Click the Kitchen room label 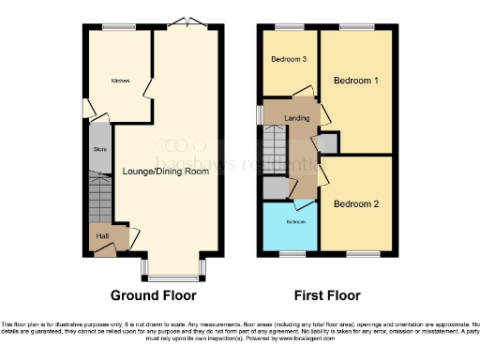(x=120, y=81)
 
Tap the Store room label (x=98, y=149)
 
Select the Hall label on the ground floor (x=103, y=235)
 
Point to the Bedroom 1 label (x=356, y=82)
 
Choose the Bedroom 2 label (x=356, y=204)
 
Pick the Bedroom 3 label (x=290, y=59)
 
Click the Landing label (x=299, y=117)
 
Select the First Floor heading (x=327, y=295)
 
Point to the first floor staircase (x=273, y=148)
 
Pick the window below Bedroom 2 (x=361, y=254)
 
